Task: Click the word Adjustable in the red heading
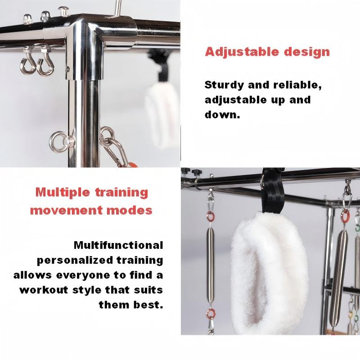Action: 242,52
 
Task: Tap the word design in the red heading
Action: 307,52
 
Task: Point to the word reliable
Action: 297,85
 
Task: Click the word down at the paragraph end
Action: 222,114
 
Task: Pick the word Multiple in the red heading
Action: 63,193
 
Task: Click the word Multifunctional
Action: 118,245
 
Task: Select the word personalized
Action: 75,261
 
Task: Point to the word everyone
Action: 83,275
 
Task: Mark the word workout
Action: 44,290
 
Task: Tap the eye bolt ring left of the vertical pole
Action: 59,142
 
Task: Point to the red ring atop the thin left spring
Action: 210,216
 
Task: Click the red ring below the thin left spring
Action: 211,314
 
